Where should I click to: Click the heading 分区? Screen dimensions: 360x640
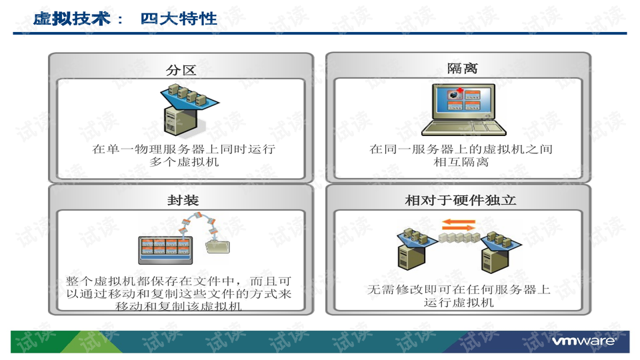click(181, 69)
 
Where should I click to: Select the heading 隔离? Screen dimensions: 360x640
click(462, 69)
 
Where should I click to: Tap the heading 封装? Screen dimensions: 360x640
click(183, 200)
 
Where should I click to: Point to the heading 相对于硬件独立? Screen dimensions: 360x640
click(461, 200)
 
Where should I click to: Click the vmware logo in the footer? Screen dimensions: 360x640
click(590, 342)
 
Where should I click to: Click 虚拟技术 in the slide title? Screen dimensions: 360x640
click(71, 18)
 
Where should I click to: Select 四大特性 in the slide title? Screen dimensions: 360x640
click(179, 18)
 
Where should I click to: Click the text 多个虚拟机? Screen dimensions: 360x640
click(184, 162)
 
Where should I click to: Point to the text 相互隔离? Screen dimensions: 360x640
click(461, 162)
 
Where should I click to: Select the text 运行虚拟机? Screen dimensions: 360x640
click(459, 303)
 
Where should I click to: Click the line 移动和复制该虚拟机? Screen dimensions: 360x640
click(179, 306)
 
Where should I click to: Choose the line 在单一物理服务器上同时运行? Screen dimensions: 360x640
click(183, 149)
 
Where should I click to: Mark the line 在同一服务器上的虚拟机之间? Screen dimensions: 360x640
click(461, 149)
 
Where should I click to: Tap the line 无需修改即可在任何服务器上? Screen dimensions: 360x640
click(459, 290)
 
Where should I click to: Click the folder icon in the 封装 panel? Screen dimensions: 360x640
click(219, 245)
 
